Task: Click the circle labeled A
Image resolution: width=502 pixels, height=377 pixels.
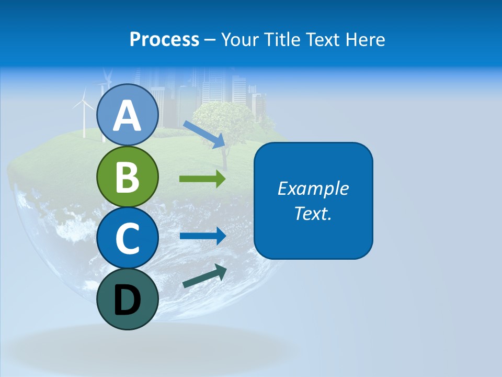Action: point(127,115)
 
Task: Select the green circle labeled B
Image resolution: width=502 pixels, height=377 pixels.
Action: point(127,176)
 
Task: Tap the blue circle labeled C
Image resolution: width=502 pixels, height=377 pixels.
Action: point(127,238)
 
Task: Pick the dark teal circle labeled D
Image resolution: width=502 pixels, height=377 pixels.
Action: point(127,299)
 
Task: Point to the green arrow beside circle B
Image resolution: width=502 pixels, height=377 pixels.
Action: point(202,179)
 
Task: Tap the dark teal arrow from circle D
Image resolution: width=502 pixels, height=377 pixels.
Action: point(204,276)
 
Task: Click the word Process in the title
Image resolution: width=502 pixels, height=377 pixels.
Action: point(164,39)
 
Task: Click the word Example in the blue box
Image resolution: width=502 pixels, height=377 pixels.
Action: point(313,188)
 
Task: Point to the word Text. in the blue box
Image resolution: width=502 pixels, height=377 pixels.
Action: point(313,213)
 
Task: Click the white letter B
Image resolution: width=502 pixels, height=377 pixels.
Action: point(127,177)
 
